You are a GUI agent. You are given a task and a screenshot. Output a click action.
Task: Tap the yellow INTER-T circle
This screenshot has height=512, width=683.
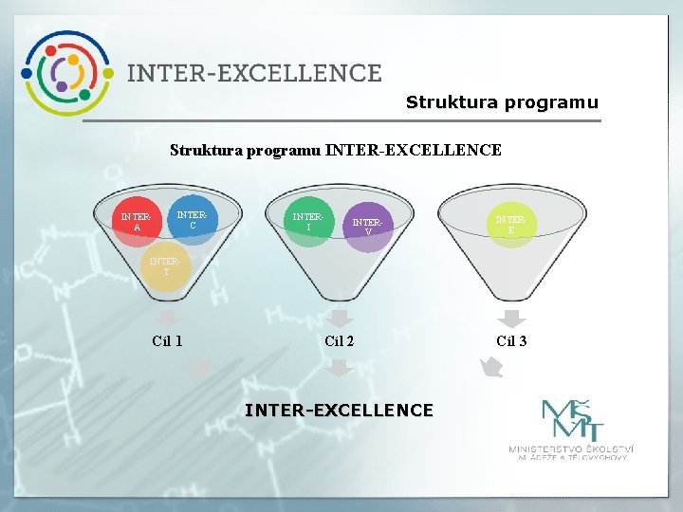coord(165,266)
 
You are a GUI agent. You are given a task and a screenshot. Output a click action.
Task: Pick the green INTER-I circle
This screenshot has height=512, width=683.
coord(308,221)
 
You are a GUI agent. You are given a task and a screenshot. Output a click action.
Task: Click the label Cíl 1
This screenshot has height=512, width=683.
coord(167,341)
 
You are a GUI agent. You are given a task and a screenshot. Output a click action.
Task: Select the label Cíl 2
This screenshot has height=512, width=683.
coord(339,341)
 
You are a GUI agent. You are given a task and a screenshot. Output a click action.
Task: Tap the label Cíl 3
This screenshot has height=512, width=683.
coord(511,341)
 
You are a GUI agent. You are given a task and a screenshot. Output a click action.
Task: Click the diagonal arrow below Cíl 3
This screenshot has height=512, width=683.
coord(490,368)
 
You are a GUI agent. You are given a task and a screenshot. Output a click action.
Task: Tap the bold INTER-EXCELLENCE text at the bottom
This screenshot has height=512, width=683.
coord(339,410)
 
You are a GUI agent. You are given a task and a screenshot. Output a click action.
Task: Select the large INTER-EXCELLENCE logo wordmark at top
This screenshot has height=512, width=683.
coord(254,73)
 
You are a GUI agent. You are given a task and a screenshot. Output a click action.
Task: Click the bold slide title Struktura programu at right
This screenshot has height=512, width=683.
coord(502,102)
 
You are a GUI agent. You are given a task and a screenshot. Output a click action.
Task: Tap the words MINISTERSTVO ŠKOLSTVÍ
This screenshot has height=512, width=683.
coord(570,448)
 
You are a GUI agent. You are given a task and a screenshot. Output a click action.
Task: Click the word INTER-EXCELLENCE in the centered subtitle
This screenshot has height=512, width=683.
coord(413,150)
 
